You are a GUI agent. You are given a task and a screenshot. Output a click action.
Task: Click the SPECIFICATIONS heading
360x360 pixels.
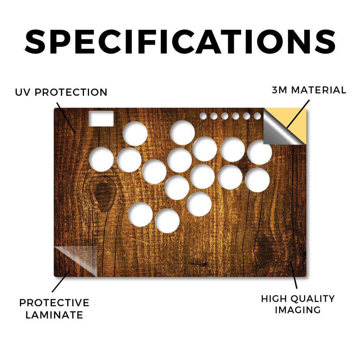[180, 42]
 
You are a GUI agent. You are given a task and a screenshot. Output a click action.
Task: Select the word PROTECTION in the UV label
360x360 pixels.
[71, 92]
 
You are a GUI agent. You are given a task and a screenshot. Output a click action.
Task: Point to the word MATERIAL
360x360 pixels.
[319, 90]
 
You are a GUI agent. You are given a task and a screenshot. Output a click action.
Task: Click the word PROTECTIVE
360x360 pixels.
[54, 303]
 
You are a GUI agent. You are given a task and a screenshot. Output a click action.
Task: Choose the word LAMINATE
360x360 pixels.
[54, 315]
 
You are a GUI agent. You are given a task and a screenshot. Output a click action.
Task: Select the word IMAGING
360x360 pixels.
[298, 310]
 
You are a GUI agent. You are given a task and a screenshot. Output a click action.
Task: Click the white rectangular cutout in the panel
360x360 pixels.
[101, 118]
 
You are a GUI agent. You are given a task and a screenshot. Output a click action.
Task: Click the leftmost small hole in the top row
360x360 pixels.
[203, 116]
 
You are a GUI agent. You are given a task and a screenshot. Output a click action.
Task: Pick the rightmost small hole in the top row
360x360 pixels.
[257, 116]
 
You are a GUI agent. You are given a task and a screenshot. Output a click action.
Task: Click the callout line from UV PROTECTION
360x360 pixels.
[66, 117]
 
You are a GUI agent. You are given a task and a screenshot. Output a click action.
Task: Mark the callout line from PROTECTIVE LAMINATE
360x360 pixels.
[60, 282]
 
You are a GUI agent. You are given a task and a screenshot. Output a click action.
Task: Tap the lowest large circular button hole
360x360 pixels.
[167, 221]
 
